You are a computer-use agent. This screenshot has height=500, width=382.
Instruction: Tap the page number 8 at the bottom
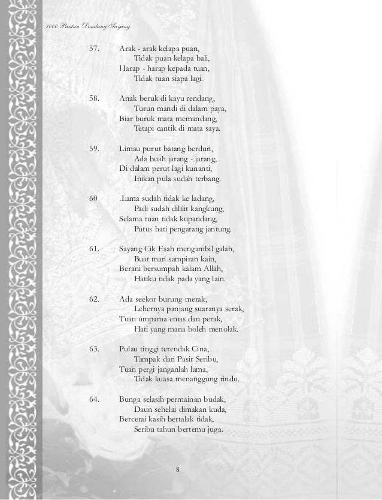point(178,468)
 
